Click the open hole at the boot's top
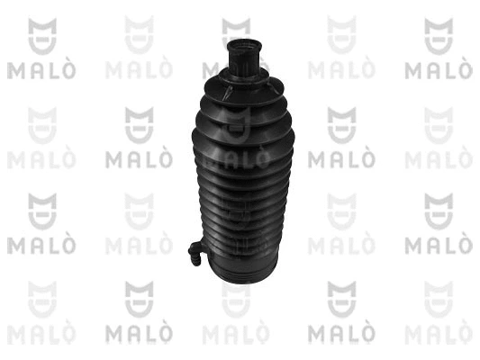click(x=244, y=48)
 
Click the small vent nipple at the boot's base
click(x=196, y=253)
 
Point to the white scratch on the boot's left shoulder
click(x=227, y=93)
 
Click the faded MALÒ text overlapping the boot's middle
click(x=236, y=158)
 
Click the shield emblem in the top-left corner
click(x=42, y=36)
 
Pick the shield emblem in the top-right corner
click(x=439, y=36)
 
